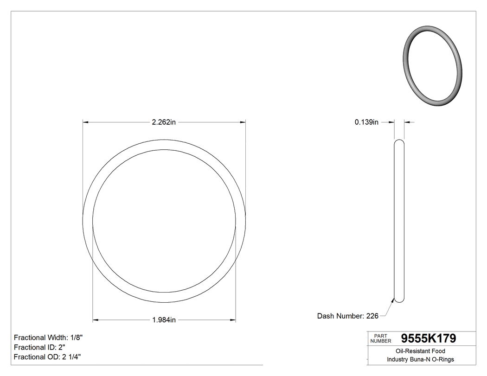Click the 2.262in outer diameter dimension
click(164, 122)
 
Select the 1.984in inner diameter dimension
click(164, 320)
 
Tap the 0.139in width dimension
click(366, 122)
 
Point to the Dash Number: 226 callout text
click(347, 316)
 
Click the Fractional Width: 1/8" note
click(49, 338)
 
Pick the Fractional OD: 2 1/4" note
click(48, 357)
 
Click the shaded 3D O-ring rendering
click(432, 64)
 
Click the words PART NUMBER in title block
click(381, 338)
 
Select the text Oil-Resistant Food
click(420, 351)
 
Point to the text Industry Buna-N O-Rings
click(420, 359)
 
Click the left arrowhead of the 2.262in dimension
click(85, 122)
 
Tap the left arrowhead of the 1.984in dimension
click(96, 320)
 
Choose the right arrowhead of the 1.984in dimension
click(233, 320)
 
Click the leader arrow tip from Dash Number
click(394, 300)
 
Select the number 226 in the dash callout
click(372, 316)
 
